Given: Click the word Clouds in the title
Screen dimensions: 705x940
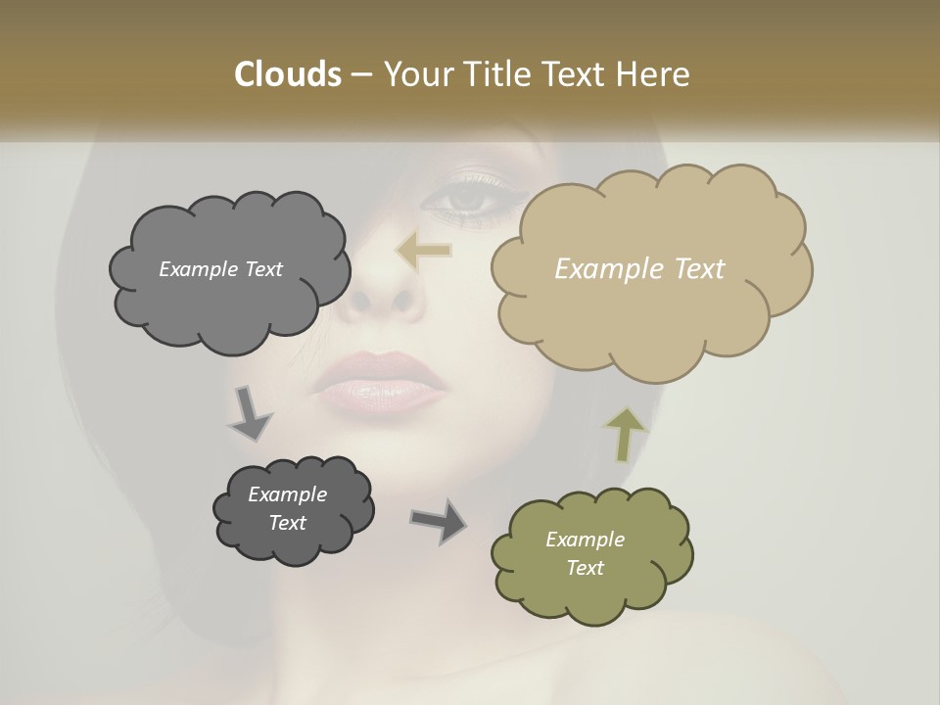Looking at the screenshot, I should coord(287,74).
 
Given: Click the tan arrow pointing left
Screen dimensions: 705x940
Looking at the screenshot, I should coord(424,252).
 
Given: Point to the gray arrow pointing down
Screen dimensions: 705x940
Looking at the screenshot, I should coord(250,413).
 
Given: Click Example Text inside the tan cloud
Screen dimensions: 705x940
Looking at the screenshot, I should coord(639,269).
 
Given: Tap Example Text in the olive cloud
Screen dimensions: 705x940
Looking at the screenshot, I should coord(585,553).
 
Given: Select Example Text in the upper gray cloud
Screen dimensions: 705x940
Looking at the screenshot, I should coord(220,269).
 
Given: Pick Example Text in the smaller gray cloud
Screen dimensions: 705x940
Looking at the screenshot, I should coord(287,508).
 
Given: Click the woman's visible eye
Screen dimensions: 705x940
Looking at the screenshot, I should coord(466,199).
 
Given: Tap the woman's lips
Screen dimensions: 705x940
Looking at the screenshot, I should coord(377,382).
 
